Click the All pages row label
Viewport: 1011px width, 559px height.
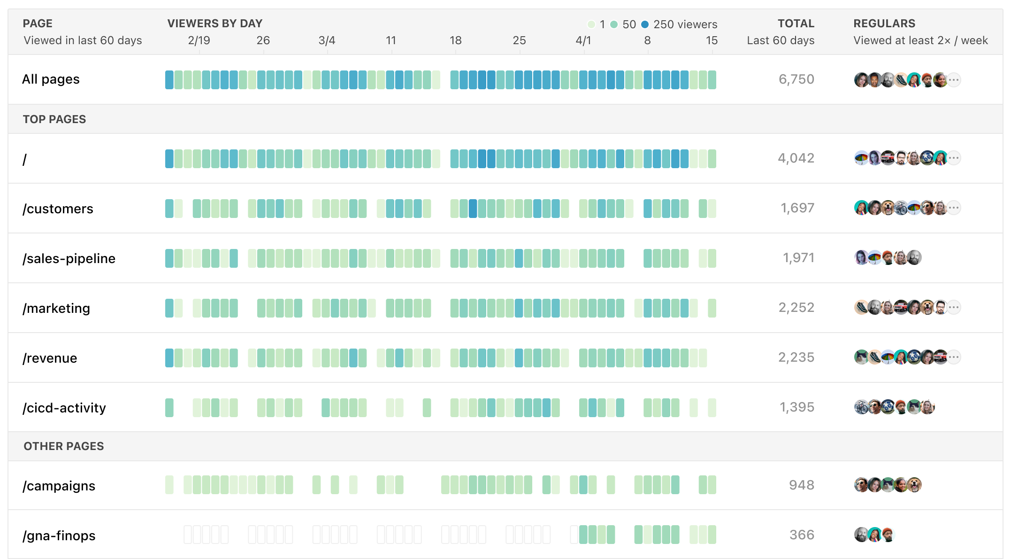tap(51, 79)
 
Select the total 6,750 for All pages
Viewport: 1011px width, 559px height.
tap(796, 79)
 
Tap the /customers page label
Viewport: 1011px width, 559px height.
tap(58, 209)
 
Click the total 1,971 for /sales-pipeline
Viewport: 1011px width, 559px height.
tap(798, 258)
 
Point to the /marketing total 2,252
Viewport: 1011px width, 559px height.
tap(796, 308)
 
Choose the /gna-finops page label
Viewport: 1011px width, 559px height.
tap(59, 536)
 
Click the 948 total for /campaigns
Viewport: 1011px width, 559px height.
tap(801, 485)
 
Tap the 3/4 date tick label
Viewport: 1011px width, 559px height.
tap(327, 40)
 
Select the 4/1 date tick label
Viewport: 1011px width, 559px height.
tap(583, 40)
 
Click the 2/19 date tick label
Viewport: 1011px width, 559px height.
tap(199, 40)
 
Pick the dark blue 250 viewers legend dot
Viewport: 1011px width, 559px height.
tap(645, 24)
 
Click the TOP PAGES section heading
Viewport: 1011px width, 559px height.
tap(54, 119)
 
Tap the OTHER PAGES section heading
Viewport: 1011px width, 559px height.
tap(64, 446)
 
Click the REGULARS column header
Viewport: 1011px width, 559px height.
tap(884, 23)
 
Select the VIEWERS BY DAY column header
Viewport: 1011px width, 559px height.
tap(215, 23)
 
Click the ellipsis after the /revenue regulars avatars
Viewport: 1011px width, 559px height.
tap(953, 357)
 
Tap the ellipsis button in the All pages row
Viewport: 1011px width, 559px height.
tap(953, 80)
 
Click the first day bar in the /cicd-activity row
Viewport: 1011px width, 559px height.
tap(169, 408)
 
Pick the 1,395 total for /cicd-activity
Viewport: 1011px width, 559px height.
tap(797, 407)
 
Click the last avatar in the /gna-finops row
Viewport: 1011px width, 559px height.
tap(888, 535)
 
